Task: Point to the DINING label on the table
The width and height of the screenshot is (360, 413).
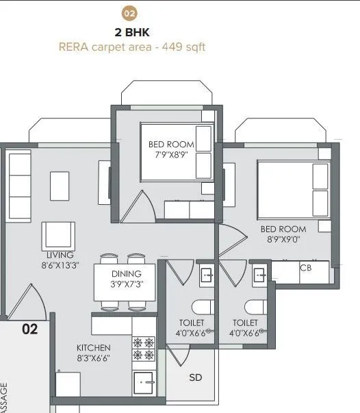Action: pos(126,274)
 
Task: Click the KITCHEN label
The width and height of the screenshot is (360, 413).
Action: pos(93,347)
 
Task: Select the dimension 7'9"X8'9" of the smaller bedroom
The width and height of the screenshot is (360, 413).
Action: pos(171,155)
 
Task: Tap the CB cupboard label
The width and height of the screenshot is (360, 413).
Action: pos(305,268)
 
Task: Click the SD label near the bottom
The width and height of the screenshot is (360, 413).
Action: pos(196,377)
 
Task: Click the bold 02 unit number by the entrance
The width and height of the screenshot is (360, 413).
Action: pos(29,329)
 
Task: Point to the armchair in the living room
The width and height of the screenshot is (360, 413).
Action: pos(57,237)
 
